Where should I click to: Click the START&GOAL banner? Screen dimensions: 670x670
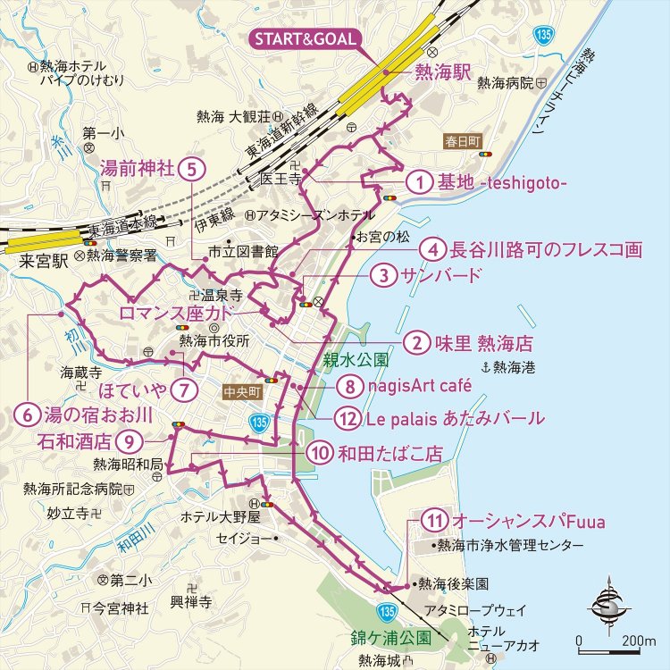pos(305,38)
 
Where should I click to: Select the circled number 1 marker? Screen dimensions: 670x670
pos(419,182)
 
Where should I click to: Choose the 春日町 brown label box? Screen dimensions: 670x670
pos(462,142)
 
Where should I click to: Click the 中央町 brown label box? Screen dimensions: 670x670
pos(242,389)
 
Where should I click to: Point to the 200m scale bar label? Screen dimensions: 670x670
pos(639,641)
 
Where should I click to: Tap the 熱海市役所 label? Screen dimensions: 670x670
pos(214,340)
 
